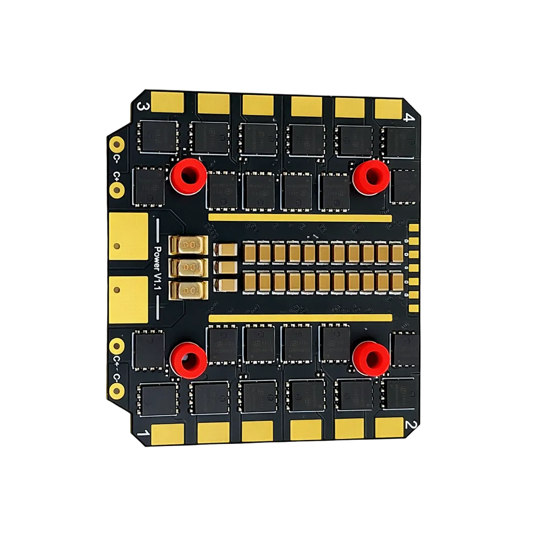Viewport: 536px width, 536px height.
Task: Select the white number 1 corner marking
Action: (140, 433)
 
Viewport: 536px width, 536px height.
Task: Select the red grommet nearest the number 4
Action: (371, 177)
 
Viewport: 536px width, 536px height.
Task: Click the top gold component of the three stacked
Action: (189, 245)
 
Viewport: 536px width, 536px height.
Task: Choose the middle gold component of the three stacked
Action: (189, 267)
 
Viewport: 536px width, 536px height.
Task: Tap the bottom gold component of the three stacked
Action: (189, 289)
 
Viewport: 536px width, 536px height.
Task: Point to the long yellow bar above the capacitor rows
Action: (299, 217)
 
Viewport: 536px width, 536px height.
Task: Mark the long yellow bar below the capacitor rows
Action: (299, 318)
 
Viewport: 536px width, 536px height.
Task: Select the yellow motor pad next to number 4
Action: (388, 107)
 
